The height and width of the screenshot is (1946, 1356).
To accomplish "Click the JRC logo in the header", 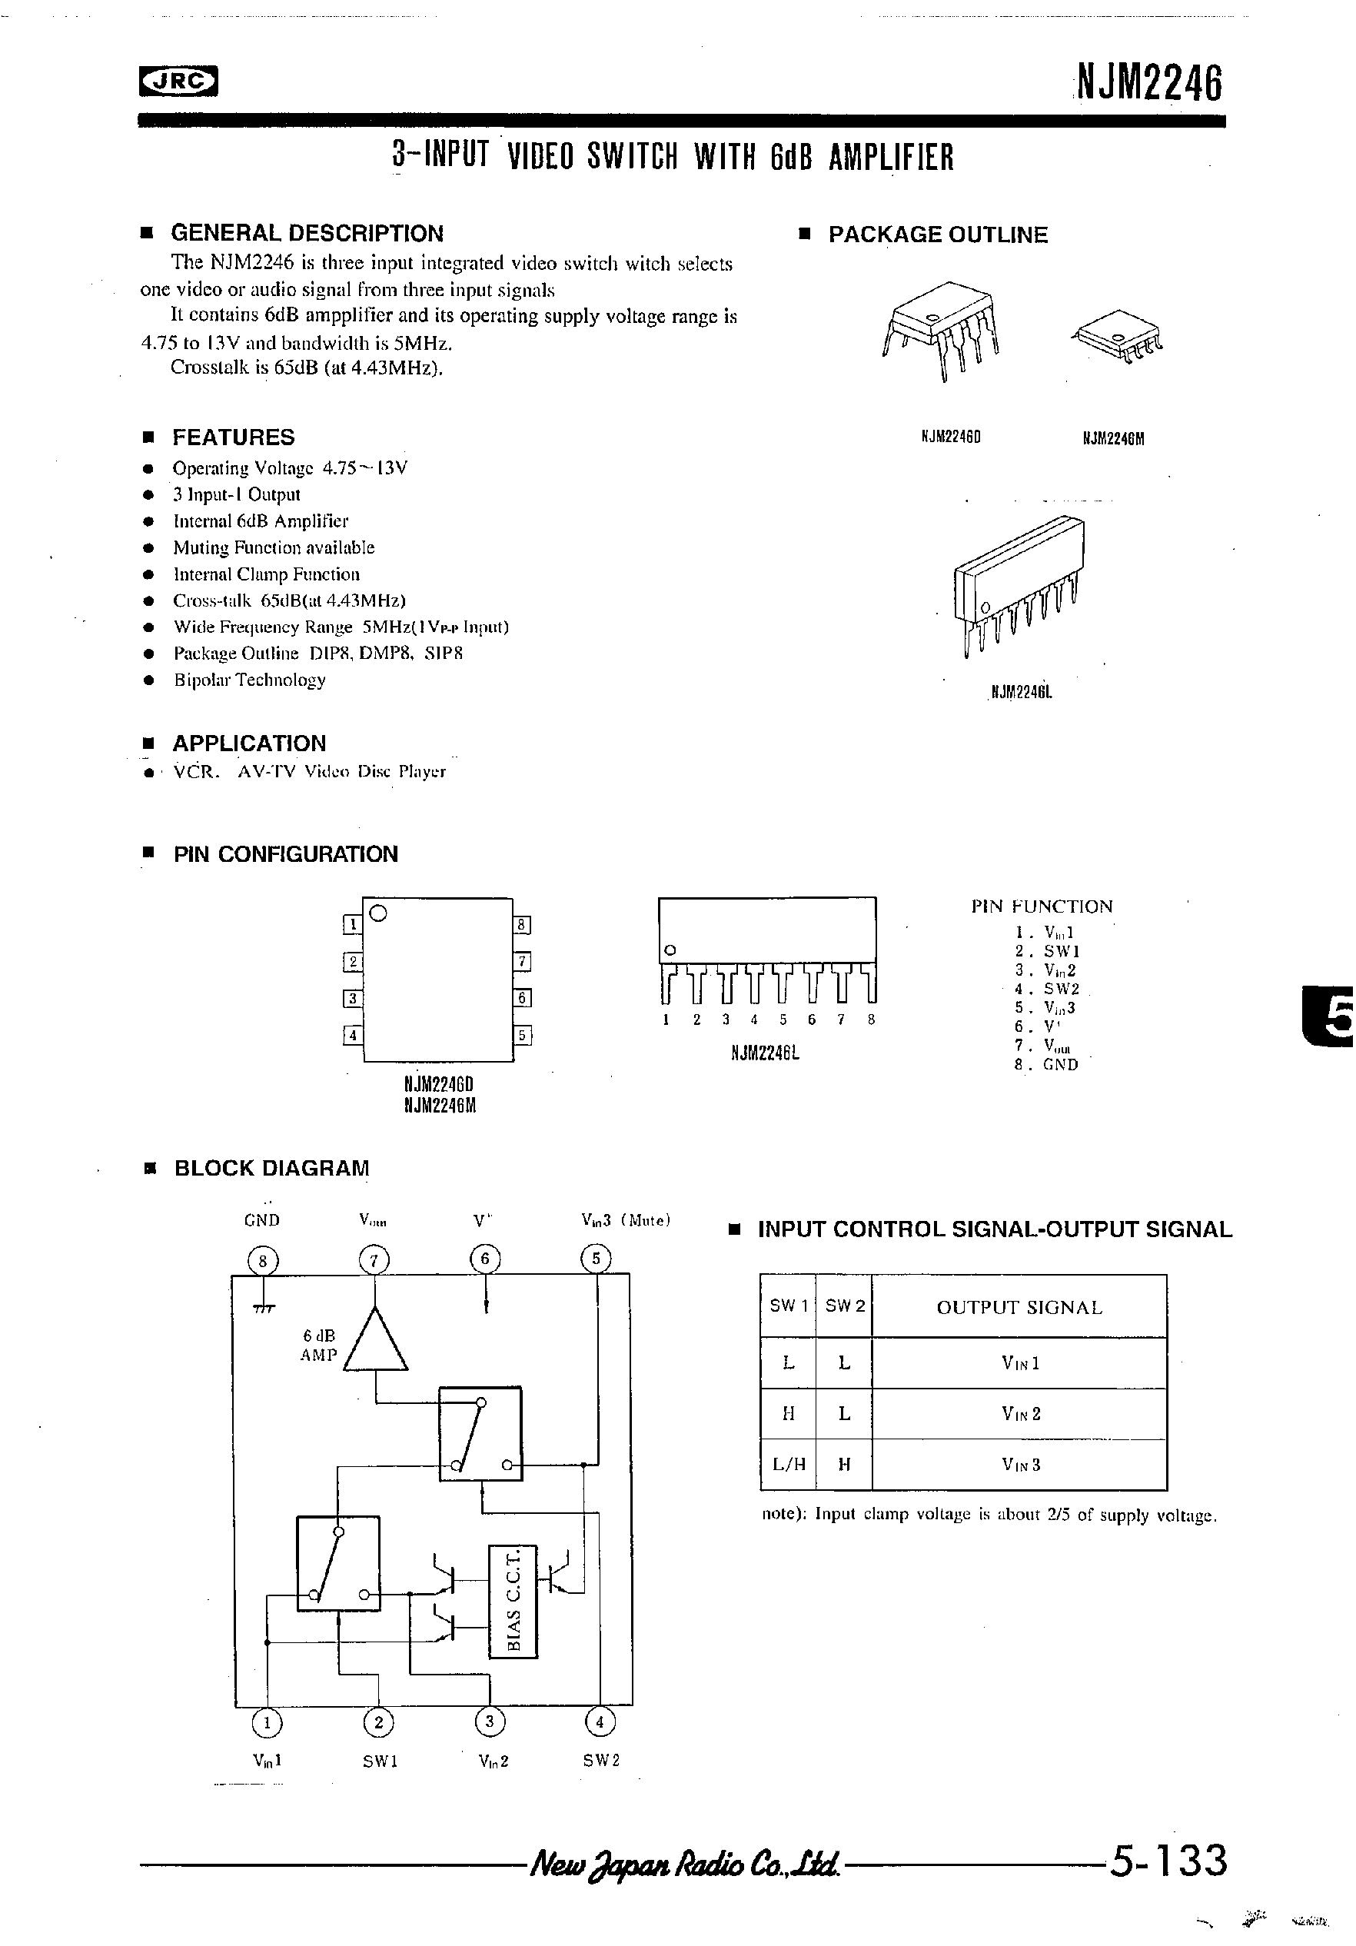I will pyautogui.click(x=178, y=81).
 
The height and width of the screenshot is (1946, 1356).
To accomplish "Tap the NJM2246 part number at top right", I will pyautogui.click(x=1149, y=85).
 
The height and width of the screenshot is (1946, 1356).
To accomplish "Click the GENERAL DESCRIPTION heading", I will pyautogui.click(x=307, y=233).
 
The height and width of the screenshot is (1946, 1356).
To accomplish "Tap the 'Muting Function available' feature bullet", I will pyautogui.click(x=273, y=547).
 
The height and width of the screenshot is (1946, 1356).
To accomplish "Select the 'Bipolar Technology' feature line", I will pyautogui.click(x=249, y=680).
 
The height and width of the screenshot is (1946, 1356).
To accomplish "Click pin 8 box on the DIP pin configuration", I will pyautogui.click(x=523, y=925).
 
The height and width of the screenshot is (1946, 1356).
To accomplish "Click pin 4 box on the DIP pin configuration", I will pyautogui.click(x=353, y=1035).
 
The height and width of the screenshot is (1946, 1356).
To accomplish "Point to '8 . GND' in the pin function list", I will pyautogui.click(x=1047, y=1065).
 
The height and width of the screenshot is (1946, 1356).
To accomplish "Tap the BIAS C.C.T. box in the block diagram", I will pyautogui.click(x=513, y=1602).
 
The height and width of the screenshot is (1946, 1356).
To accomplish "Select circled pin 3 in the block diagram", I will pyautogui.click(x=489, y=1721).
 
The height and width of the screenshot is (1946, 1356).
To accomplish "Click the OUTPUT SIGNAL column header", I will pyautogui.click(x=1019, y=1308).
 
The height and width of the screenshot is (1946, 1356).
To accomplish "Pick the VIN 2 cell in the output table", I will pyautogui.click(x=1019, y=1414).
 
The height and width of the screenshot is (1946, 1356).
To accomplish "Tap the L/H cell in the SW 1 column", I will pyautogui.click(x=788, y=1464).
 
